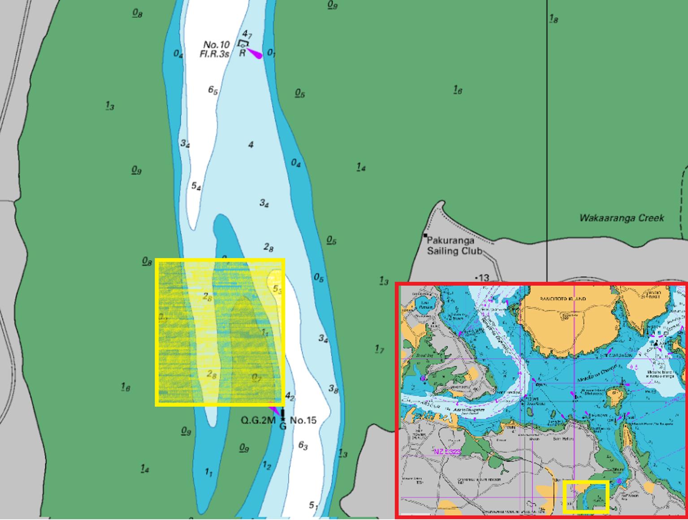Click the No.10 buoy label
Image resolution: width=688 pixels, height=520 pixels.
tap(216, 45)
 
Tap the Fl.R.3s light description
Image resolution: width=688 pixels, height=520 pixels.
tap(215, 54)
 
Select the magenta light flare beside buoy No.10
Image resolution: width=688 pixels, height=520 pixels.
tap(255, 54)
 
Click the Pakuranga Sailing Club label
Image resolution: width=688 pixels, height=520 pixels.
tap(454, 246)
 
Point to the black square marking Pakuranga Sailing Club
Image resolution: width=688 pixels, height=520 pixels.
tap(425, 235)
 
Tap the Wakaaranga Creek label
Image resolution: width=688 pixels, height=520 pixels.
tap(621, 218)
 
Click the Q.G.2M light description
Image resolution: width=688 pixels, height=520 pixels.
tap(258, 420)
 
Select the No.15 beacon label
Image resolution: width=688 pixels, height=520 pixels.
tap(303, 420)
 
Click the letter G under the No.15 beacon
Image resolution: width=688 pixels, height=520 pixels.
tap(283, 426)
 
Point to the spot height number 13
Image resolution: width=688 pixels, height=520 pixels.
tap(484, 278)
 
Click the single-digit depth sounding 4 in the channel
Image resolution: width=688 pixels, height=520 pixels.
tap(251, 144)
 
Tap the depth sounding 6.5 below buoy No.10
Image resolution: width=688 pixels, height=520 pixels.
tap(213, 90)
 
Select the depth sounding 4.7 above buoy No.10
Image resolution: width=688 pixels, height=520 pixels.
tap(247, 34)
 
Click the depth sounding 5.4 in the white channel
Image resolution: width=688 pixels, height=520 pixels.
tap(196, 186)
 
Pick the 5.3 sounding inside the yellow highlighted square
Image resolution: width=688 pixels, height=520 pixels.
tap(277, 289)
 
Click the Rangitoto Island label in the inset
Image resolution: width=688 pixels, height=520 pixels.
tap(563, 299)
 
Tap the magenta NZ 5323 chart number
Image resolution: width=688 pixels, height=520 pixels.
tap(447, 452)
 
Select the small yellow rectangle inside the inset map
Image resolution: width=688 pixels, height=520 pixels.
tap(586, 497)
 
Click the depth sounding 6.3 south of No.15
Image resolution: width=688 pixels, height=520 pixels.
tap(303, 446)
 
